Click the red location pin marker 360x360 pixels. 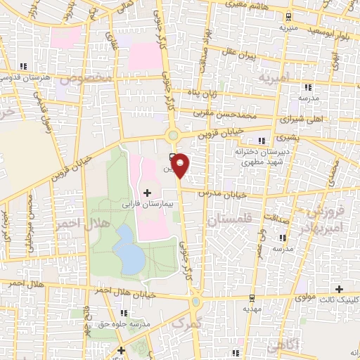coord(181,165)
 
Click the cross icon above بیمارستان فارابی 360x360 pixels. coord(147,192)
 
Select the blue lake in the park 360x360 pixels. coord(129,251)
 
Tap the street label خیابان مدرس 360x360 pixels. coord(221,192)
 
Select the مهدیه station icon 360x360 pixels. coord(247,299)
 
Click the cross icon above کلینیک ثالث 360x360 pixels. coord(340,289)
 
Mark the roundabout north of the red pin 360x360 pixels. coord(172,134)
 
